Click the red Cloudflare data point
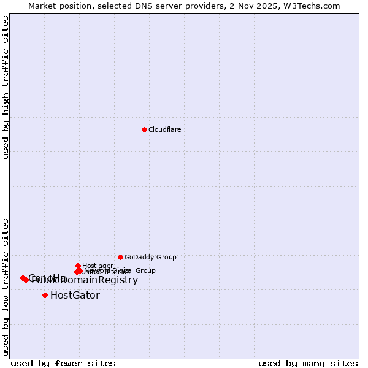point(144,129)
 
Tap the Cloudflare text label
point(164,129)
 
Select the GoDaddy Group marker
point(120,257)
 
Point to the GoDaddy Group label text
point(150,257)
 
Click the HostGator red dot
point(45,295)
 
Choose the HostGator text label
point(75,295)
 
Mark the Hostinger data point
point(78,266)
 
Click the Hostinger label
point(98,266)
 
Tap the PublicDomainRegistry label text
point(85,280)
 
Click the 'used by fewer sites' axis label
point(63,363)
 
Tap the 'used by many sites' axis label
point(308,363)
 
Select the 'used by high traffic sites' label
point(6,88)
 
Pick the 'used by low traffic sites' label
point(6,287)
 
